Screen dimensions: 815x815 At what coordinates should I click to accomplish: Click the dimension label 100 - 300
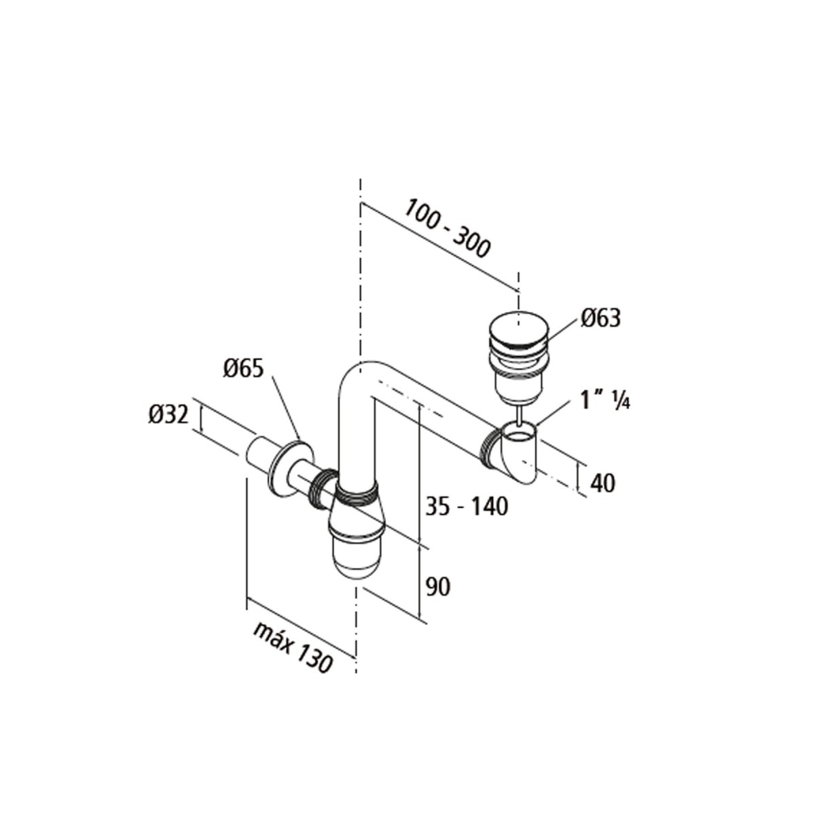447,228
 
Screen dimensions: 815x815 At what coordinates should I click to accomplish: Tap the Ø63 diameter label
600,318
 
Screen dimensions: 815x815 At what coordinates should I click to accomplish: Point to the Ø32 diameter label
167,414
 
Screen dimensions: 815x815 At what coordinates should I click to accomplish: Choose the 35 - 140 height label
465,506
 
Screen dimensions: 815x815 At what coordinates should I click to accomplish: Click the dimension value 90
438,586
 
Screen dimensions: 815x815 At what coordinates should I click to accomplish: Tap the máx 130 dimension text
293,646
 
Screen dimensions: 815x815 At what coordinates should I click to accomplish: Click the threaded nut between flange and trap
323,488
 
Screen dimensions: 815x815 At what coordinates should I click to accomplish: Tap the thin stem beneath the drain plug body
519,413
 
